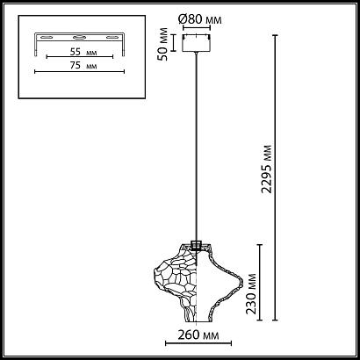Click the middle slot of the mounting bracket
[x=77, y=37]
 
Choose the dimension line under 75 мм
[x=77, y=71]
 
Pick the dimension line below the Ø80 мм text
[x=197, y=26]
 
